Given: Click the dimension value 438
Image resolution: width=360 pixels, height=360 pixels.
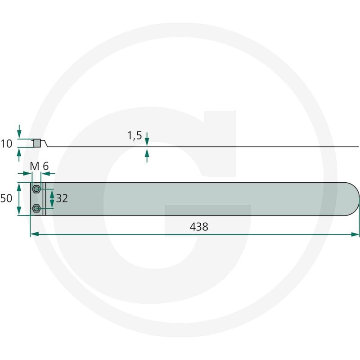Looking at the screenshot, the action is (x=199, y=227).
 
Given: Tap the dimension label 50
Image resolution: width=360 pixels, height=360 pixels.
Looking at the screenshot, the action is (x=6, y=198).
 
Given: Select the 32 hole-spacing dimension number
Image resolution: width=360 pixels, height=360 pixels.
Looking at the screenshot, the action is (x=62, y=198).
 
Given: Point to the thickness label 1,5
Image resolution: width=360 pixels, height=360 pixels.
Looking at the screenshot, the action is (x=135, y=135).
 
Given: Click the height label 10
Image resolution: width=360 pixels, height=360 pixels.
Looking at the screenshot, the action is (x=6, y=144).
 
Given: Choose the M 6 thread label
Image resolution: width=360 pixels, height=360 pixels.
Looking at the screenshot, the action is (x=39, y=166).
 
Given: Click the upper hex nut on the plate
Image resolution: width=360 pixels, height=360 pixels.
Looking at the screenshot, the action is (x=36, y=189).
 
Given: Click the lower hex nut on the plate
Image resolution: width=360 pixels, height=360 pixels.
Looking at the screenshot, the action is (x=36, y=208).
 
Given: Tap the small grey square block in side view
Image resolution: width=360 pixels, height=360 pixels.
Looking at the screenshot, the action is (x=37, y=143).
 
